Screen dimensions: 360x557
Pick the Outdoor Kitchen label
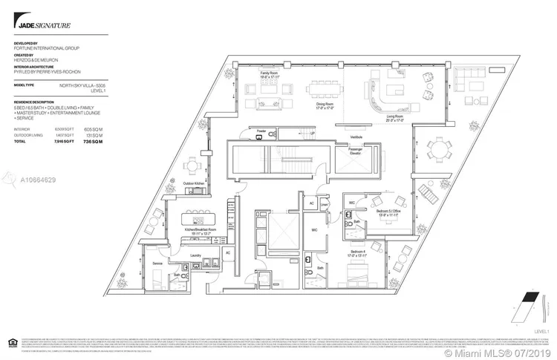195,182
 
